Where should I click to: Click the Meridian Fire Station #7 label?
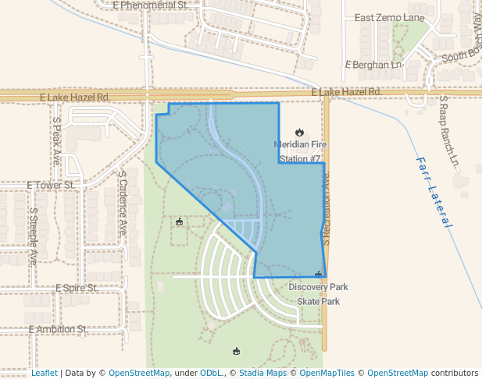point(299,151)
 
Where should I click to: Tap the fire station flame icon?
point(299,133)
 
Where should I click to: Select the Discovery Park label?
point(318,287)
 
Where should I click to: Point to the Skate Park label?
point(318,301)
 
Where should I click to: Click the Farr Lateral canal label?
point(434,192)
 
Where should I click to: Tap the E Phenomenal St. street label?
point(150,5)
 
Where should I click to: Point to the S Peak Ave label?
point(56,140)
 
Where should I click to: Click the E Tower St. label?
point(50,186)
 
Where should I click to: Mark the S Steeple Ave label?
point(34,236)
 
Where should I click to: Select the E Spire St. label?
point(75,288)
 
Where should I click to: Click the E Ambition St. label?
point(57,330)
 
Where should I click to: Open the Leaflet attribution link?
point(44,373)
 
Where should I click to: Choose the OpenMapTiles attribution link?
point(326,373)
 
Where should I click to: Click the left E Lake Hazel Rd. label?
point(74,97)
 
